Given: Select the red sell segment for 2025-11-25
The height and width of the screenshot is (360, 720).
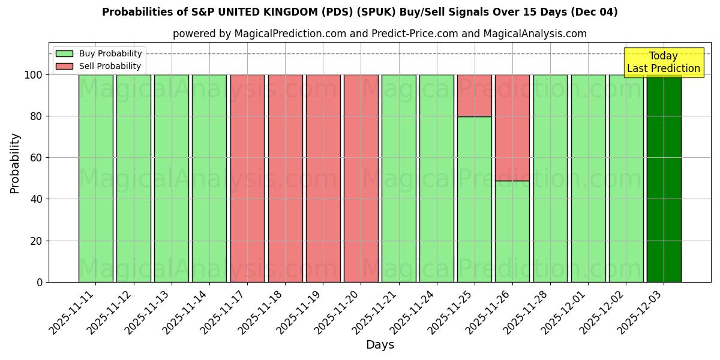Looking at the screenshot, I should (x=475, y=95).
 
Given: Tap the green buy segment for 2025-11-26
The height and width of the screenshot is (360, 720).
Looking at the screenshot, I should (x=512, y=231).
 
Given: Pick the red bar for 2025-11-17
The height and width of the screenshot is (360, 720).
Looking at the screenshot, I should (x=247, y=178).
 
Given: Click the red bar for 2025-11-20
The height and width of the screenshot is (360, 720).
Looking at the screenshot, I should (x=361, y=178).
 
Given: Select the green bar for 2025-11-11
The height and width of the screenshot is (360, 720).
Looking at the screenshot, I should (x=95, y=178).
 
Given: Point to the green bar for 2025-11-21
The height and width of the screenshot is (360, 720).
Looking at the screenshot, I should (x=398, y=178).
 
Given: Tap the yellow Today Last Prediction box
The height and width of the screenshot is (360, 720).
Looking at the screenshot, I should (x=663, y=62).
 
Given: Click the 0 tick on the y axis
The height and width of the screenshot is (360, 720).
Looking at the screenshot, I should (x=40, y=282).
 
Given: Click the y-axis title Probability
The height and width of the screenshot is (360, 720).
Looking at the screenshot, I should (x=15, y=163).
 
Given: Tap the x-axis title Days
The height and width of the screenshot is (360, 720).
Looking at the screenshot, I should (x=380, y=345).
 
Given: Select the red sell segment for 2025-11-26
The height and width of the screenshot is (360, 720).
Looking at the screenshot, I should (x=512, y=127).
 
